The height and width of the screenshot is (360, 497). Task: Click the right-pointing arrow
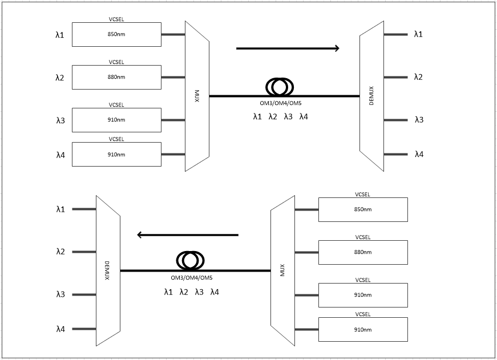pyautogui.click(x=288, y=48)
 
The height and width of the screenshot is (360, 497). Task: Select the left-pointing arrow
pyautogui.click(x=188, y=235)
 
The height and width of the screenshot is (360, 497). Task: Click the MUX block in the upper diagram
pyautogui.click(x=197, y=96)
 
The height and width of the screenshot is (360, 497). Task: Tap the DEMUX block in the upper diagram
pyautogui.click(x=371, y=96)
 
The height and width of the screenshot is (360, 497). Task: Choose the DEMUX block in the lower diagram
pyautogui.click(x=108, y=270)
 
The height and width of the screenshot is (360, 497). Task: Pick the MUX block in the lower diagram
pyautogui.click(x=282, y=270)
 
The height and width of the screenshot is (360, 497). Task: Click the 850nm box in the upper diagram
pyautogui.click(x=116, y=34)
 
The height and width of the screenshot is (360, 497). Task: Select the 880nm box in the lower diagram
pyautogui.click(x=363, y=252)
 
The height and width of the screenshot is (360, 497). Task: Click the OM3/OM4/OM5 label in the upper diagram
pyautogui.click(x=281, y=103)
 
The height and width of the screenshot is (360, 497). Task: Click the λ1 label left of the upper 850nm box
pyautogui.click(x=59, y=35)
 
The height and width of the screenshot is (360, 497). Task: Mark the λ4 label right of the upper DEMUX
pyautogui.click(x=419, y=155)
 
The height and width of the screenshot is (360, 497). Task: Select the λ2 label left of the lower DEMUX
pyautogui.click(x=60, y=252)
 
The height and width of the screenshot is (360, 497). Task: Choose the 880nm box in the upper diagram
pyautogui.click(x=116, y=77)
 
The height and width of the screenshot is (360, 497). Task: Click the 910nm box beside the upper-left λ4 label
pyautogui.click(x=116, y=155)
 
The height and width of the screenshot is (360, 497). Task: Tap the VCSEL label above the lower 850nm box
pyautogui.click(x=362, y=194)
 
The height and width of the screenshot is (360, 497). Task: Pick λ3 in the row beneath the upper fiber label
pyautogui.click(x=288, y=116)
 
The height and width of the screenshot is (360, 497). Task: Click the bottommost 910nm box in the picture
pyautogui.click(x=363, y=330)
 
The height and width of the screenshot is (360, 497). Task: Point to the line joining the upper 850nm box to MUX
pyautogui.click(x=173, y=34)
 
